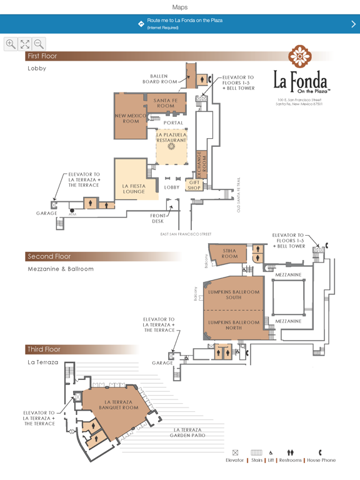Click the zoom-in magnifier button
pyautogui.click(x=11, y=44)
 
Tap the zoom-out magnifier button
pyautogui.click(x=39, y=44)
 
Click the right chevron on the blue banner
pyautogui.click(x=353, y=24)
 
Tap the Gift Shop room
pyautogui.click(x=194, y=185)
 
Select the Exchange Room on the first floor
pyautogui.click(x=201, y=164)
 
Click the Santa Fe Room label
pyautogui.click(x=166, y=103)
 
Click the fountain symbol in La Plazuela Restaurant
pyautogui.click(x=171, y=146)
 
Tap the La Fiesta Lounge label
pyautogui.click(x=134, y=189)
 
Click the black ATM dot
pyautogui.click(x=72, y=210)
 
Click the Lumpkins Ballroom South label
pyautogui.click(x=234, y=295)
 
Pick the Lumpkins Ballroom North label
pyautogui.click(x=234, y=325)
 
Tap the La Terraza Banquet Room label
pyautogui.click(x=119, y=405)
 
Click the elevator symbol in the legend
pyautogui.click(x=235, y=452)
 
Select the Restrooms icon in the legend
pyautogui.click(x=290, y=452)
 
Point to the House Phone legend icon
pyautogui.click(x=320, y=452)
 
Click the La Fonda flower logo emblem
pyautogui.click(x=300, y=56)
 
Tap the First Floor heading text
pyautogui.click(x=42, y=56)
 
